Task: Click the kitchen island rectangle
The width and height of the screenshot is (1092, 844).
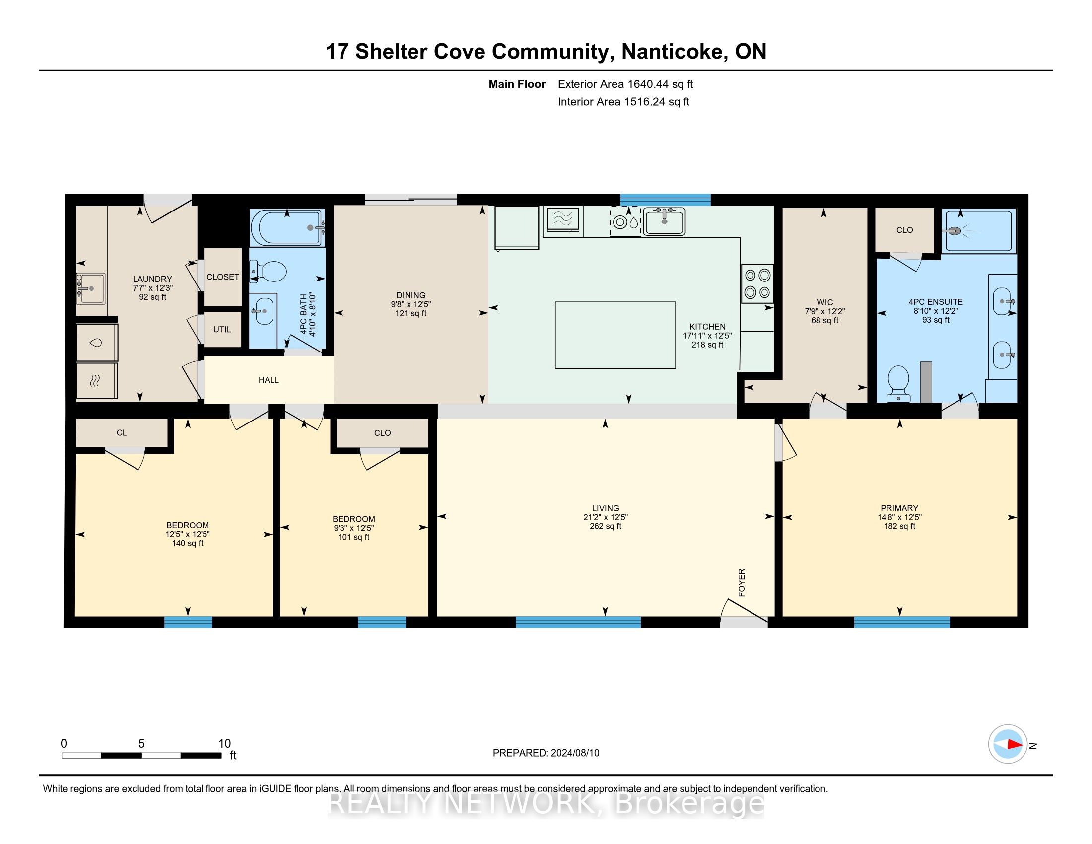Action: click(x=615, y=335)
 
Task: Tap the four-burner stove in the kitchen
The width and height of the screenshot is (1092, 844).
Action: click(x=757, y=283)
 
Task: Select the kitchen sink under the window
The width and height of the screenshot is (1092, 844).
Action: click(x=664, y=221)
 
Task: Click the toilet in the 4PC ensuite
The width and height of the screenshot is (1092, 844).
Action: click(x=898, y=383)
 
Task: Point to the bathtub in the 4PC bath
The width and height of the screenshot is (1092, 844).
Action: click(x=287, y=227)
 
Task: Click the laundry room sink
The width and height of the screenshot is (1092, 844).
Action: click(x=90, y=288)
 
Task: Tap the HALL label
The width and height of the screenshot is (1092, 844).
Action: click(x=269, y=380)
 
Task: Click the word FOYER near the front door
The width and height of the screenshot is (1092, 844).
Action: click(x=742, y=582)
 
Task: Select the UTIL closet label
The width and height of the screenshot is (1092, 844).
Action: click(x=222, y=329)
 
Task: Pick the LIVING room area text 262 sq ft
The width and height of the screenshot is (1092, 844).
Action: click(x=606, y=526)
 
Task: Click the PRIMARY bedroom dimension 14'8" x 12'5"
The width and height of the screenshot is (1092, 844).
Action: click(x=899, y=517)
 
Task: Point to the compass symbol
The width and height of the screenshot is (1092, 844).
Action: click(x=1008, y=744)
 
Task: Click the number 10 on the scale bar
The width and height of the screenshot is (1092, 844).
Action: click(x=224, y=743)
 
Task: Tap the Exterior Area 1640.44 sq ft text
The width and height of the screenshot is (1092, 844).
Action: click(x=625, y=84)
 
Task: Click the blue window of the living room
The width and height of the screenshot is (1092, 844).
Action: click(x=578, y=622)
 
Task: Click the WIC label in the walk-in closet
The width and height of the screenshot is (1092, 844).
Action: click(x=824, y=302)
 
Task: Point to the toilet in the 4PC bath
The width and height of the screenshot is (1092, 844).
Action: click(x=269, y=272)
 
